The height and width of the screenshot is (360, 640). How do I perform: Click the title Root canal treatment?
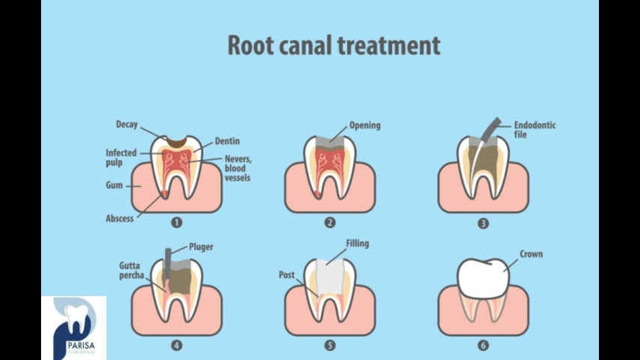coord(334,46)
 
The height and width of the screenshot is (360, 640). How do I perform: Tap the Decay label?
coord(126,125)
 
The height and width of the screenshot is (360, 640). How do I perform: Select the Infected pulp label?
coord(121,157)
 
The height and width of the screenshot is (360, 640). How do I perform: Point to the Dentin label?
coord(227,141)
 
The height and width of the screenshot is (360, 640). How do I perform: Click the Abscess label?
coord(120,218)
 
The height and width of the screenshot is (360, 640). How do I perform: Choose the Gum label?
coord(114,186)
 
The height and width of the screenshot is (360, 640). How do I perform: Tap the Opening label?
coord(365,126)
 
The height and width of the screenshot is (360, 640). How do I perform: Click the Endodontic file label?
coord(534,130)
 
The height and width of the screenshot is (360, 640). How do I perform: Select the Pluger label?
coord(201,247)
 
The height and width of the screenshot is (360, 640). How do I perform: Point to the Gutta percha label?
coord(132,271)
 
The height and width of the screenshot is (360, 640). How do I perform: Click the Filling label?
coord(357,244)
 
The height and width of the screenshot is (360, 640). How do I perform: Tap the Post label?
coord(287,275)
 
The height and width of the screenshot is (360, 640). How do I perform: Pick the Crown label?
coord(531,254)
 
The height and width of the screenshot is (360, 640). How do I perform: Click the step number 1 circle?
coord(177,223)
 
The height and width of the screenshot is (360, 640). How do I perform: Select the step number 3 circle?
coord(483,223)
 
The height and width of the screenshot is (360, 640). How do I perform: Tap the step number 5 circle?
coord(330,345)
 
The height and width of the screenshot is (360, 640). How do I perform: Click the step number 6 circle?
coord(483,345)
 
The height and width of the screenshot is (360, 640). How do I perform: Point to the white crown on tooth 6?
coord(483,278)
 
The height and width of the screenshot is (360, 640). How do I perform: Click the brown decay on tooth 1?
coord(177,141)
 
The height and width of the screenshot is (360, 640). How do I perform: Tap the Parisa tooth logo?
coord(74,325)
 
